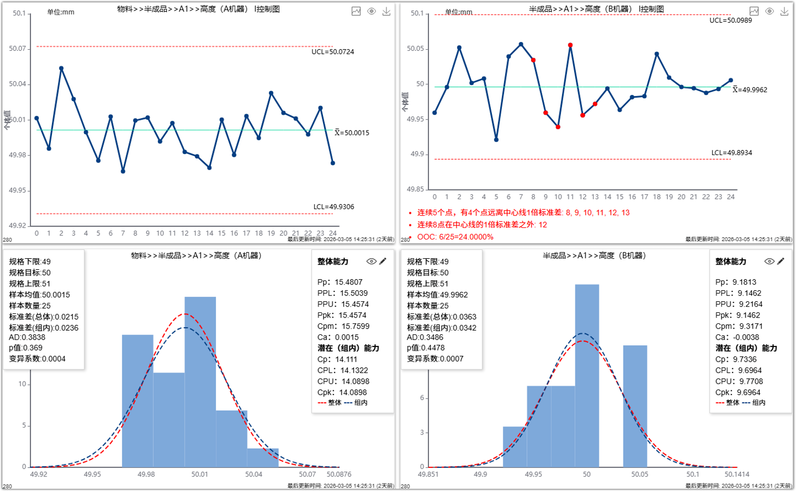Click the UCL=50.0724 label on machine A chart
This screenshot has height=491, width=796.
click(x=332, y=52)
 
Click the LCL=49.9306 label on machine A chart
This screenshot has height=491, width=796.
click(x=334, y=207)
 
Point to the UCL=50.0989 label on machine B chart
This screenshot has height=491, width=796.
click(x=730, y=20)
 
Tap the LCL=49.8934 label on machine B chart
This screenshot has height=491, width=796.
click(x=732, y=153)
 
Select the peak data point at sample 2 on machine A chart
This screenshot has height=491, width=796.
click(x=61, y=68)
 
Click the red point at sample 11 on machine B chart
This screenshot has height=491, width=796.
click(x=570, y=45)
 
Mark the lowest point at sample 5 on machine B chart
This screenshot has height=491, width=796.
click(x=496, y=139)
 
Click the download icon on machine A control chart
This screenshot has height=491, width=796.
click(x=386, y=12)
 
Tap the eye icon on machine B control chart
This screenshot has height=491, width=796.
click(x=769, y=12)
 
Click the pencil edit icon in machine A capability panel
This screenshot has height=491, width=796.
click(x=383, y=261)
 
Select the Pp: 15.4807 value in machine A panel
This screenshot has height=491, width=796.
click(x=340, y=282)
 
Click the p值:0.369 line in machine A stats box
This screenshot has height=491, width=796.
click(x=26, y=348)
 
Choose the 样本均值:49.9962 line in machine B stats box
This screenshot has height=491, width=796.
click(x=437, y=295)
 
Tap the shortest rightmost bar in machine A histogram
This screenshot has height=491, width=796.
click(x=263, y=457)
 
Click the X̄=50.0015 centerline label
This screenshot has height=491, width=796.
click(x=352, y=133)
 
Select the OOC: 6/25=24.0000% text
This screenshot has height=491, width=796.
click(x=455, y=237)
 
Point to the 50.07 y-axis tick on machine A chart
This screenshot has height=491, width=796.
click(x=17, y=49)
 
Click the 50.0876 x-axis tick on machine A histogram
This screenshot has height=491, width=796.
click(x=339, y=474)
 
